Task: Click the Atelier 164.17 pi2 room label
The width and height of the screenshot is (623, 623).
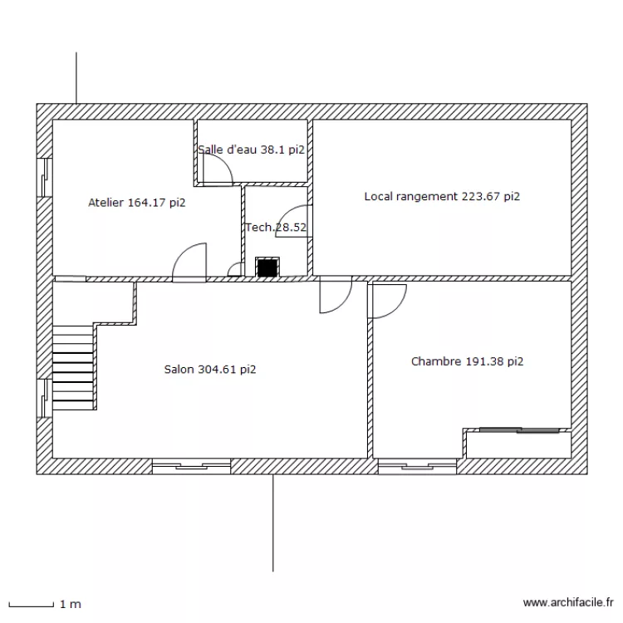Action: click(136, 202)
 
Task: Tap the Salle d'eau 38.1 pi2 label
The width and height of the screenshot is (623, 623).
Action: click(251, 150)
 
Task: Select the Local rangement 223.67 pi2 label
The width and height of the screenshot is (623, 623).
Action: click(442, 197)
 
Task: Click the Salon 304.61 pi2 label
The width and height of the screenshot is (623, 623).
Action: click(210, 370)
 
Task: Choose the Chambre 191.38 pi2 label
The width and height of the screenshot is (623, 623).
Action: click(468, 361)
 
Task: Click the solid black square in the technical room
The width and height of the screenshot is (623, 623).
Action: click(267, 267)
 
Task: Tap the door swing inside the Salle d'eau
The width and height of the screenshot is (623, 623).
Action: click(216, 170)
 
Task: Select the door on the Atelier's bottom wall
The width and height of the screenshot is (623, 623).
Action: click(189, 262)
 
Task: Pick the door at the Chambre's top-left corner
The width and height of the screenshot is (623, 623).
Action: click(387, 300)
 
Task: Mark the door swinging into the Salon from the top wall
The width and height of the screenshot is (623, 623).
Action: click(335, 296)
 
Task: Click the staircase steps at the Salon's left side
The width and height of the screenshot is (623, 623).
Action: click(74, 366)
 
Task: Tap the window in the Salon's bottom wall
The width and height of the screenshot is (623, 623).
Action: click(191, 466)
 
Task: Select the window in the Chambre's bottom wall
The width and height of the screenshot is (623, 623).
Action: click(417, 466)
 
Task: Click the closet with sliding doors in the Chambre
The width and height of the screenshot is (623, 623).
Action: click(518, 444)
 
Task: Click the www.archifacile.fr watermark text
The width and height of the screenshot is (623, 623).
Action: click(567, 603)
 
